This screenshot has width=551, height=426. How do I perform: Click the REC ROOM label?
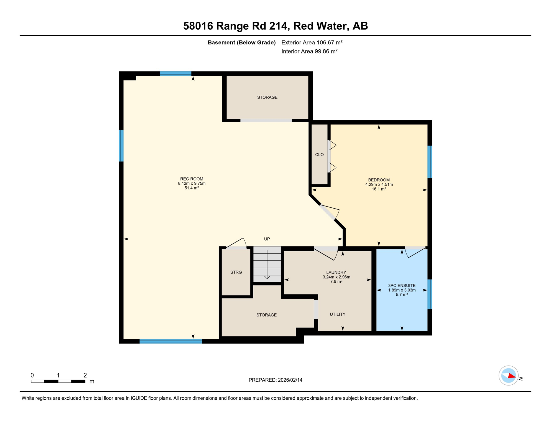[192, 179]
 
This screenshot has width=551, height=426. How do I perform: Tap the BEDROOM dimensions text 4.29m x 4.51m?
[379, 184]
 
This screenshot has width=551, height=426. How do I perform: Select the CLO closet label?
[319, 154]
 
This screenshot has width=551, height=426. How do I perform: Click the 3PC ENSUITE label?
[402, 285]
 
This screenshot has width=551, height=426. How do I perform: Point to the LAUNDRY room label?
[336, 272]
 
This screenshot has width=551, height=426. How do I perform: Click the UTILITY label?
[337, 314]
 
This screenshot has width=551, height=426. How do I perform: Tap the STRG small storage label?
[236, 272]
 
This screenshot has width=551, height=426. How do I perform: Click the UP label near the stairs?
[267, 239]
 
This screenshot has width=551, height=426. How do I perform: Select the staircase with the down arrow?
[267, 264]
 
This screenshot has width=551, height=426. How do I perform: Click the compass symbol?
[508, 376]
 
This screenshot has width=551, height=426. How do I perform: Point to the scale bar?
[58, 381]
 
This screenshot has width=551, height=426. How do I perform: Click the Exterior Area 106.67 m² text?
[312, 42]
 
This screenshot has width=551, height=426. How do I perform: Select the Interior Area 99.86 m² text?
[309, 51]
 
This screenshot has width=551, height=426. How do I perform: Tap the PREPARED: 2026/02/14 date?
[275, 380]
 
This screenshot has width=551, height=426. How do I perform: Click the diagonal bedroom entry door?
[328, 212]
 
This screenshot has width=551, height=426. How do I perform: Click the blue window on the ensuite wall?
[430, 294]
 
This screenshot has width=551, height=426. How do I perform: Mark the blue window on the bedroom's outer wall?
[430, 162]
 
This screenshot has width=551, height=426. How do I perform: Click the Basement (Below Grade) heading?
[241, 42]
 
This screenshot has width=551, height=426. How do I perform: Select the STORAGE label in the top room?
[267, 97]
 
